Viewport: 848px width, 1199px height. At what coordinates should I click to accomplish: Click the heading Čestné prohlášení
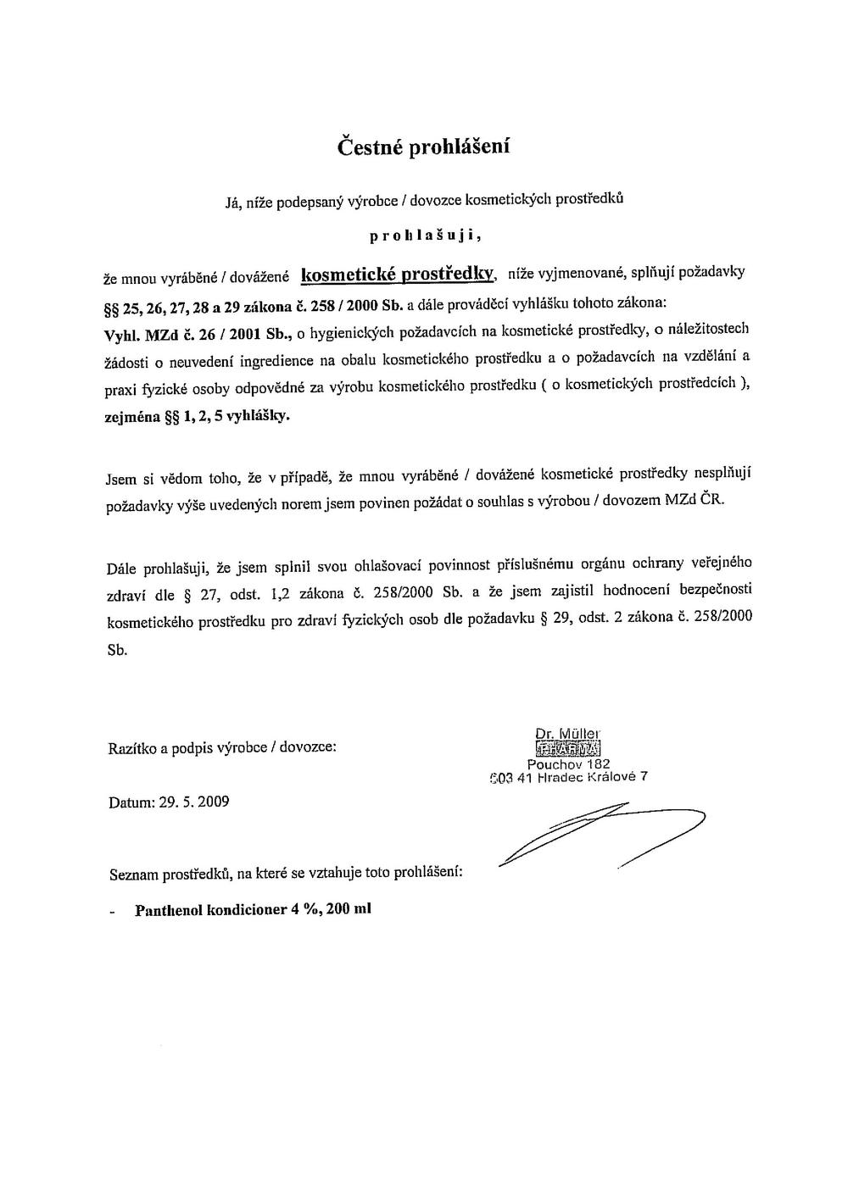click(423, 147)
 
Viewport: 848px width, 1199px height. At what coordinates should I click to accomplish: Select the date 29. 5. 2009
click(193, 802)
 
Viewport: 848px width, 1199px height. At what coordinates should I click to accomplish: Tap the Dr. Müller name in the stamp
click(567, 734)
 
